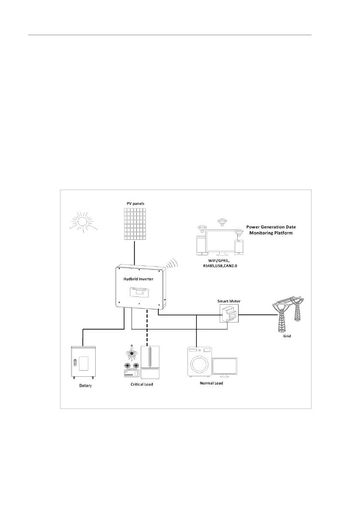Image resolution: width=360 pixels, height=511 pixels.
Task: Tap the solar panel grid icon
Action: (135, 224)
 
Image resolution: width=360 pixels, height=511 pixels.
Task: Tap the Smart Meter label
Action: (229, 301)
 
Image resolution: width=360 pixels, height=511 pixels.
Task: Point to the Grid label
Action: (287, 336)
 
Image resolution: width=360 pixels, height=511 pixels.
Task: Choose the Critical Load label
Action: (142, 384)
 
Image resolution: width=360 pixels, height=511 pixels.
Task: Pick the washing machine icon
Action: (199, 363)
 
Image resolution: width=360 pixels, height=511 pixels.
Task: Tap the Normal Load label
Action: (212, 383)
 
